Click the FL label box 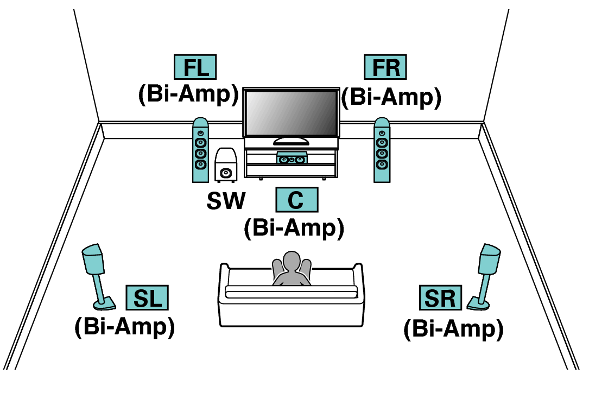[x=194, y=67]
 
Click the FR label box [x=385, y=67]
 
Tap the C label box [x=296, y=200]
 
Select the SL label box [x=147, y=298]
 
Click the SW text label [x=225, y=201]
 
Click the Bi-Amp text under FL [x=188, y=94]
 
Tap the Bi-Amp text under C [x=294, y=228]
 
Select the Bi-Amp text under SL [x=124, y=327]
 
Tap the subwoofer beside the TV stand [x=226, y=165]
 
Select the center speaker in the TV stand [x=292, y=159]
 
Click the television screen [x=291, y=113]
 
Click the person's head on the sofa [x=292, y=261]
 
